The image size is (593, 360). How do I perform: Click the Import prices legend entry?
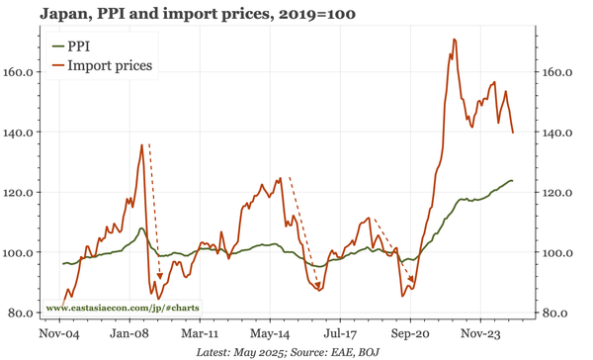coord(109,66)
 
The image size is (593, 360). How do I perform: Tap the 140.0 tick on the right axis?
coord(559,133)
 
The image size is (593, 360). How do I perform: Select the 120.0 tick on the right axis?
coord(559,193)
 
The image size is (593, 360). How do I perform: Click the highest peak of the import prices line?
coord(454,40)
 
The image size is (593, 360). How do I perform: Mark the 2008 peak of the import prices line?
coord(141,144)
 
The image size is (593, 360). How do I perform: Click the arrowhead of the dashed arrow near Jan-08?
coord(160,278)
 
